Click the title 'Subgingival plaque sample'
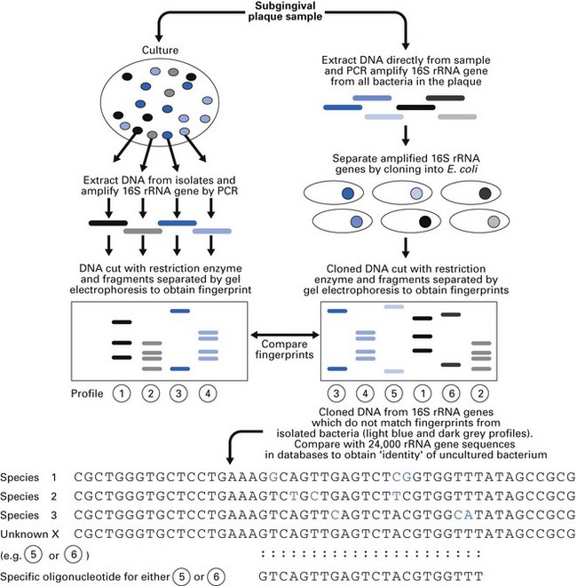(288, 8)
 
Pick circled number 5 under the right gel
(392, 393)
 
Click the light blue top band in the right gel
(392, 307)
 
